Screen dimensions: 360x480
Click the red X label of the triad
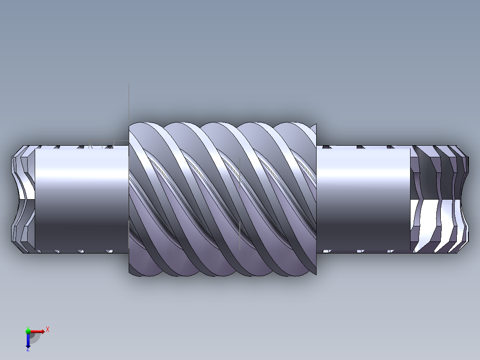[48, 329]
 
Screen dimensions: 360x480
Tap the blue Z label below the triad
[28, 349]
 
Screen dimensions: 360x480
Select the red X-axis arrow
[38, 331]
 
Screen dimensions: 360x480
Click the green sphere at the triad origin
[28, 331]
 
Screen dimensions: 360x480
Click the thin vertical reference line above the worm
[129, 102]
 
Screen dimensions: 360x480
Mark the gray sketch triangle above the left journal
[91, 145]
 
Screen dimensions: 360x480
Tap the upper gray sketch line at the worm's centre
[240, 172]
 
